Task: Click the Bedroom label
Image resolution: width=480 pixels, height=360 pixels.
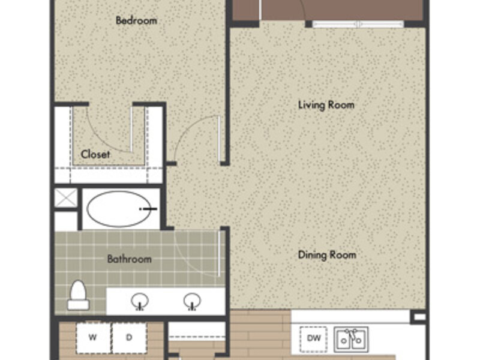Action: pyautogui.click(x=137, y=20)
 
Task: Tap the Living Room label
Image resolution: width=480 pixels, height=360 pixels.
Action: pyautogui.click(x=326, y=105)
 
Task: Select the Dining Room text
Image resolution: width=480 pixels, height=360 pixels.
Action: pyautogui.click(x=327, y=255)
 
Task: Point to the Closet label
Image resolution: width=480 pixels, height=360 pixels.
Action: pyautogui.click(x=95, y=154)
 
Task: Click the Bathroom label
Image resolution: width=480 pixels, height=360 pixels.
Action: pyautogui.click(x=129, y=259)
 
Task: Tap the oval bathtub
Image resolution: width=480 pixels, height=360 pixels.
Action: pyautogui.click(x=119, y=209)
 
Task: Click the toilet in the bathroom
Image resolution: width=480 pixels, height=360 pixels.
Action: pyautogui.click(x=78, y=295)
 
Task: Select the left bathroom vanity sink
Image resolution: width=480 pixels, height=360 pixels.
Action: pyautogui.click(x=140, y=302)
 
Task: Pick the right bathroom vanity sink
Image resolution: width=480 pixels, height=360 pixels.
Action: pyautogui.click(x=192, y=302)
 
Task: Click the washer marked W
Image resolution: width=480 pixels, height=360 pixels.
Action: pyautogui.click(x=93, y=338)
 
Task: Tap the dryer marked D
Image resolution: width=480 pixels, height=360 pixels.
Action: pyautogui.click(x=129, y=338)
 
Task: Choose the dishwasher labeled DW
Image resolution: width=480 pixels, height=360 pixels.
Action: pyautogui.click(x=313, y=339)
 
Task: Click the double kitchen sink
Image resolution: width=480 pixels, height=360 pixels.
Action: pyautogui.click(x=351, y=340)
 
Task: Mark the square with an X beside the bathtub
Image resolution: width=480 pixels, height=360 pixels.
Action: pyautogui.click(x=66, y=198)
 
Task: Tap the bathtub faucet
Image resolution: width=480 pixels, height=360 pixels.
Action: pyautogui.click(x=148, y=209)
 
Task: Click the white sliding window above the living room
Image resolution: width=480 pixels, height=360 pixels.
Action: pyautogui.click(x=358, y=24)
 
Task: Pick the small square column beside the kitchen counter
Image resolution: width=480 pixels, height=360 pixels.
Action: pyautogui.click(x=419, y=317)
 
